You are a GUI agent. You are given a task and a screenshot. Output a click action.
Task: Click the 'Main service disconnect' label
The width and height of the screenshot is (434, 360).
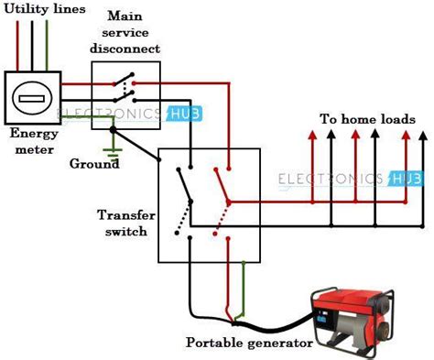[131, 32]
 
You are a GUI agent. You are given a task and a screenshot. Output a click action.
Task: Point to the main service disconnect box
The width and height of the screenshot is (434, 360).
[126, 88]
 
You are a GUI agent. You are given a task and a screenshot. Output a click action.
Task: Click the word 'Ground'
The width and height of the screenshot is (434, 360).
[94, 164]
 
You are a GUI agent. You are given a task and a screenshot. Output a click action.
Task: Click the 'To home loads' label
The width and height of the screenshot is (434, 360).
[367, 119]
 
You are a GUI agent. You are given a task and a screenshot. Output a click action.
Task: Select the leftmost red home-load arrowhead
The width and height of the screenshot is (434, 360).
[312, 136]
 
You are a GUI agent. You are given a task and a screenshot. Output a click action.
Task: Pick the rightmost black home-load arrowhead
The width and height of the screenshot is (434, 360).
[422, 136]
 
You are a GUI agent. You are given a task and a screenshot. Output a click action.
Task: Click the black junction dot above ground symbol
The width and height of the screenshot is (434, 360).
[112, 131]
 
